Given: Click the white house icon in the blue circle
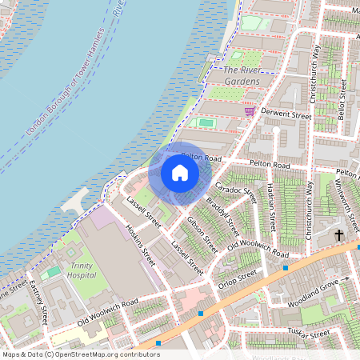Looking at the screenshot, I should point(180,172).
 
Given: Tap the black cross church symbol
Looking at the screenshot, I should point(338,235).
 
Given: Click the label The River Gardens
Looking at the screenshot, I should point(242,76).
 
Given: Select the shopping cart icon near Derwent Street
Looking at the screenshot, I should point(249,111).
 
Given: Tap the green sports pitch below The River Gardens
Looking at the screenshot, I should point(206,123).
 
